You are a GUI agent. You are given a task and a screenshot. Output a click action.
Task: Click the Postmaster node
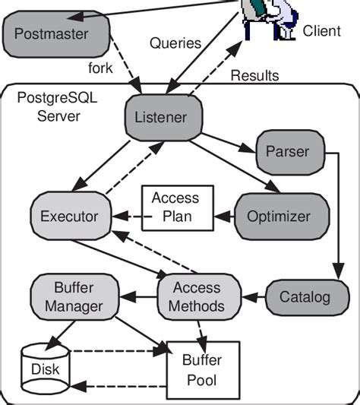56,34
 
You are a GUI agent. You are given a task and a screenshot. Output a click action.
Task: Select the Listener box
164,118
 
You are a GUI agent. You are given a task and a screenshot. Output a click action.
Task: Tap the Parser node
291,153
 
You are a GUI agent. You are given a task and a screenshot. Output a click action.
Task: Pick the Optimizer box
282,217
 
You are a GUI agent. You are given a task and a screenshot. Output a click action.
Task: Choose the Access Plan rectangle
178,208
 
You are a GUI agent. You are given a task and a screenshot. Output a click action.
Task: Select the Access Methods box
200,297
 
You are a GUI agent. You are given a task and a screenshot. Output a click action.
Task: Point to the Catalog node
308,297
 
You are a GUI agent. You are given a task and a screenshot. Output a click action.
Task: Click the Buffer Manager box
74,297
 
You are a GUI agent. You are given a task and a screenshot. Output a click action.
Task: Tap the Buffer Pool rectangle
204,370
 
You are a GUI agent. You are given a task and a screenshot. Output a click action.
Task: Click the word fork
100,68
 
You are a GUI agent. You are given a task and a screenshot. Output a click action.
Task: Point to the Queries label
175,43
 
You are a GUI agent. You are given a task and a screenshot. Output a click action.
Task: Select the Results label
254,76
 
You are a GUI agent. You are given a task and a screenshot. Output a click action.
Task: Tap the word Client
321,31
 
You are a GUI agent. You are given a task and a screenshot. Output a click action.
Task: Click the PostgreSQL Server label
57,107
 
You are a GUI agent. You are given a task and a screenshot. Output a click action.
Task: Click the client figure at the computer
270,19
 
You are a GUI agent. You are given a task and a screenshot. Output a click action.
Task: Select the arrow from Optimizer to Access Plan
224,217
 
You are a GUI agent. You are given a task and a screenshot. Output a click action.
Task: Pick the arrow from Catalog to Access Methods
254,297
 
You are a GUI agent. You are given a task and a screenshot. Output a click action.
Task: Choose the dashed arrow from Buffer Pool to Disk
118,387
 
